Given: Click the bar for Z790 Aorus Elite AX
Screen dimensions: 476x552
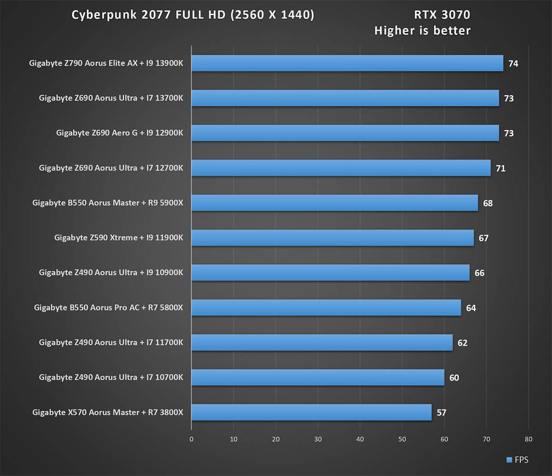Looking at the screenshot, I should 347,63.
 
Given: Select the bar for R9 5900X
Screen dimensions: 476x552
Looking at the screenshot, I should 334,203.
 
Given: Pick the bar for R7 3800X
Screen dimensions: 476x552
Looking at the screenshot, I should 311,412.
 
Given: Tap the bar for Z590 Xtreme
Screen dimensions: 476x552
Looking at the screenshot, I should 332,238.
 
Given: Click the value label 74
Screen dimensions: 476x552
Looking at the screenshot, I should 513,64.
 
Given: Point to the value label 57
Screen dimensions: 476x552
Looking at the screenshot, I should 441,412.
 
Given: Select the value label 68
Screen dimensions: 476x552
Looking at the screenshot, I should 488,203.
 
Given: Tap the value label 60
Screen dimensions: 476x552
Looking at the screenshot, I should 454,378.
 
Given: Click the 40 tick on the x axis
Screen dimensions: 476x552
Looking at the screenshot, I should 360,439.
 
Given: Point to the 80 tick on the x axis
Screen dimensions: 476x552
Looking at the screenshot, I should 529,439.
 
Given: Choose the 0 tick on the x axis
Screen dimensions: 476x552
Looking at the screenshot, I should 191,439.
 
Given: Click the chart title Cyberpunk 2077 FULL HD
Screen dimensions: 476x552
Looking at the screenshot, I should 193,15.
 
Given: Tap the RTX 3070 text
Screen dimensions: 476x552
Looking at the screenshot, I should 442,15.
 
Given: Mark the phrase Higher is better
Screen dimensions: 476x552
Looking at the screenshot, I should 422,31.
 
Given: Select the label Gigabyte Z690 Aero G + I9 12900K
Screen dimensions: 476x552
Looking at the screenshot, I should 120,133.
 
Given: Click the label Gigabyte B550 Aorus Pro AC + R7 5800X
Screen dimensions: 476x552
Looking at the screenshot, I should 109,308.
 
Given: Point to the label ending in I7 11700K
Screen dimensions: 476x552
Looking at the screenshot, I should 111,342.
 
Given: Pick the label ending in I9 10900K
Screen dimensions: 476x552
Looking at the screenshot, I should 111,273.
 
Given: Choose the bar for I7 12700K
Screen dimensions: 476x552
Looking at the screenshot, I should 341,168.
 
